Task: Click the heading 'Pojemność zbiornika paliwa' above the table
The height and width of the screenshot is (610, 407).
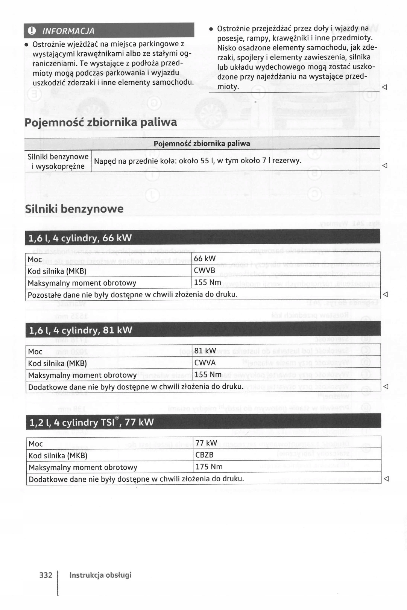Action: (x=100, y=122)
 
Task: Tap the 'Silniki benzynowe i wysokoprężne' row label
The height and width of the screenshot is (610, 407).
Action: (x=58, y=161)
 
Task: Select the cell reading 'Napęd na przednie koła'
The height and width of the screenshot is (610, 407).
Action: (x=197, y=161)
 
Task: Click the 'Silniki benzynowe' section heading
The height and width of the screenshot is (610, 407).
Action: (x=74, y=209)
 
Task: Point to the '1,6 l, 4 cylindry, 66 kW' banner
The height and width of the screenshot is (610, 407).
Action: (x=80, y=238)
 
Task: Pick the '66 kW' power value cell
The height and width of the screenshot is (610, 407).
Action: (x=205, y=259)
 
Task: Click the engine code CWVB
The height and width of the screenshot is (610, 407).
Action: (x=205, y=271)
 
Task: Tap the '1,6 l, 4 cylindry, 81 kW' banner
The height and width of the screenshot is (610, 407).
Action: (x=80, y=330)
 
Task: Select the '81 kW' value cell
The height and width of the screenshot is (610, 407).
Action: (x=205, y=351)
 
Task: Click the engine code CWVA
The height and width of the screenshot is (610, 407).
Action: (x=205, y=363)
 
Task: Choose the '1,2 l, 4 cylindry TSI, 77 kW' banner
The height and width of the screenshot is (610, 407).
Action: (x=91, y=422)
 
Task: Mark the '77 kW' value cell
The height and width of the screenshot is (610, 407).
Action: (x=206, y=443)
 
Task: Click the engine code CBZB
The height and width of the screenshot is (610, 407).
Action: (x=205, y=455)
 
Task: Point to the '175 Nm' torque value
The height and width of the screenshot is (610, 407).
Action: (x=209, y=467)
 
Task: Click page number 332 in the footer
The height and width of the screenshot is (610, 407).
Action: (x=46, y=575)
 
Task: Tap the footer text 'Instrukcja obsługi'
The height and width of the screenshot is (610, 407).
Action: (x=100, y=575)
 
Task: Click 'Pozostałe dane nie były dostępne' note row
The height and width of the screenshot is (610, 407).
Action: (x=132, y=294)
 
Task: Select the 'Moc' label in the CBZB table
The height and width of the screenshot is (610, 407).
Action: (x=36, y=444)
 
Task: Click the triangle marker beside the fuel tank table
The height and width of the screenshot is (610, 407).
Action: (x=384, y=166)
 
